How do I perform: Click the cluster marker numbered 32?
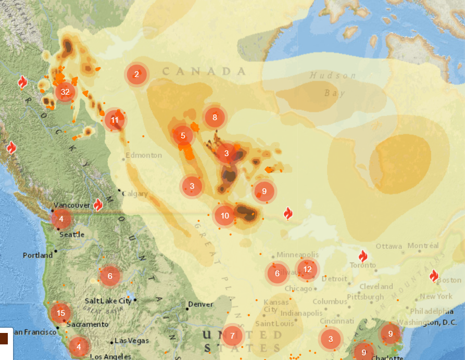point(65,92)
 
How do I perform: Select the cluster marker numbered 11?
point(115,120)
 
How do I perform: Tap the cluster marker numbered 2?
point(136,74)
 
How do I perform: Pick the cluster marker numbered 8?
point(215,117)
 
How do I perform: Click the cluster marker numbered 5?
point(183,136)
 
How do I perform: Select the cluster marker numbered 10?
point(224,215)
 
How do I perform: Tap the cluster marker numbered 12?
point(307,269)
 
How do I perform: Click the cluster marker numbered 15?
point(61,313)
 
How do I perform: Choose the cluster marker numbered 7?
point(232,336)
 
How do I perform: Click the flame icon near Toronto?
point(363,256)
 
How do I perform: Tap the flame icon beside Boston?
point(434,276)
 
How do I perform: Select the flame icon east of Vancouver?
point(97,204)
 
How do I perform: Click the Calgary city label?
point(135,194)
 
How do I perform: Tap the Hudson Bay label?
point(333,84)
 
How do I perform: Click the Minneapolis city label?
point(296,255)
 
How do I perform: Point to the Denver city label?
point(200,304)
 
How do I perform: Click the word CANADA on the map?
point(204,71)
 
